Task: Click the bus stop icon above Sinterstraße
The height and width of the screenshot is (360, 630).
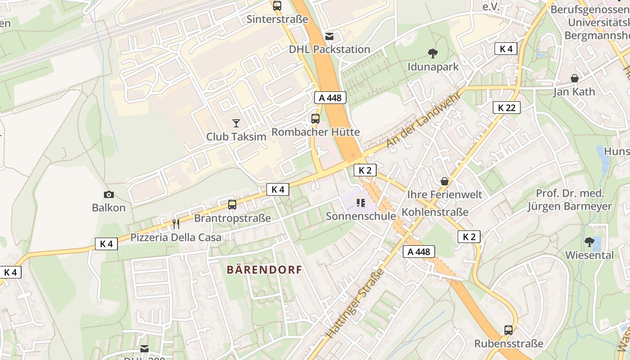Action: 277,6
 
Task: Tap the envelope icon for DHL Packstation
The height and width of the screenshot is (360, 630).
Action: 329,36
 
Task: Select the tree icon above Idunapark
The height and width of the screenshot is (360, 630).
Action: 433,54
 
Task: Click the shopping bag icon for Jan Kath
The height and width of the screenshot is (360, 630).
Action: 574,78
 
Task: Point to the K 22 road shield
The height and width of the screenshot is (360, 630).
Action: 506,108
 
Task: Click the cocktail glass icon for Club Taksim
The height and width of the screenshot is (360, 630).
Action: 236,123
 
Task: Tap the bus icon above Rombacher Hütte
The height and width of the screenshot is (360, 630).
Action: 315,119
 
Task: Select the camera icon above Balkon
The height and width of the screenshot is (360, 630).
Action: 108,194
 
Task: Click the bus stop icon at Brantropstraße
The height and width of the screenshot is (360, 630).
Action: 232,205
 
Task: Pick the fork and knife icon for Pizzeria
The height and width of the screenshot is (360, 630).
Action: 176,224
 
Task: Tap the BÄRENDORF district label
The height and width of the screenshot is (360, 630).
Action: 264,270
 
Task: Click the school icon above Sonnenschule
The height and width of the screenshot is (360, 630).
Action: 360,203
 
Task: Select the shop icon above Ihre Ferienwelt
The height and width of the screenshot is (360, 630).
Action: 445,181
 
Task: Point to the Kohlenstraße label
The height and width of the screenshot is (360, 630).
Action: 435,212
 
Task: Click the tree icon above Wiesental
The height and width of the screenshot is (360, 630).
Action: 589,242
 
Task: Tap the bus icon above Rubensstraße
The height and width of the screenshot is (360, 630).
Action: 508,330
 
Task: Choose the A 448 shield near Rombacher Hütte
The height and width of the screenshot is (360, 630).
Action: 330,98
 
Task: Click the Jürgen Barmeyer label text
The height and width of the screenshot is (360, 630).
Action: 570,207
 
